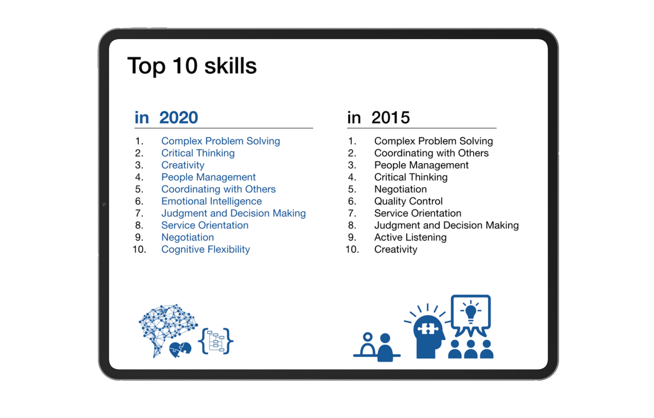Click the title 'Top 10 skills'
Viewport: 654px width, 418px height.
(192, 66)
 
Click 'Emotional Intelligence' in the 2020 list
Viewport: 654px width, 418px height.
(211, 201)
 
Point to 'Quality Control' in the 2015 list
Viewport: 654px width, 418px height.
(408, 201)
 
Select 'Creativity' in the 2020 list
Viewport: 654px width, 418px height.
(183, 165)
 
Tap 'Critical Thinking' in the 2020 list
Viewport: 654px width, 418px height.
(198, 153)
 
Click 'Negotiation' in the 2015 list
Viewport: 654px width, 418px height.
(400, 189)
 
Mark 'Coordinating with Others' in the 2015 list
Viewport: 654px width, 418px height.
(431, 153)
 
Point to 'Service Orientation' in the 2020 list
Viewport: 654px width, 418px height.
(205, 225)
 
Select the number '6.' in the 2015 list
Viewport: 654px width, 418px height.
(352, 201)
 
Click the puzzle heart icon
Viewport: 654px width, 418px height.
(180, 350)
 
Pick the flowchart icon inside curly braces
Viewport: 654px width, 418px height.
(216, 341)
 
